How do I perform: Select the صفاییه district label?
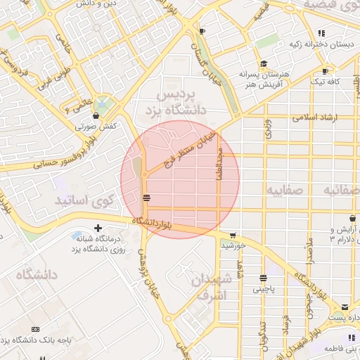284,190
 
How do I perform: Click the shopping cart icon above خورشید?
233,236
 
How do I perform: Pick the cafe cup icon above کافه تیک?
326,71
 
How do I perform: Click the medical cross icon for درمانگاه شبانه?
98,228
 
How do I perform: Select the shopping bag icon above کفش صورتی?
95,115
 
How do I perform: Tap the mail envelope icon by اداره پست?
345,307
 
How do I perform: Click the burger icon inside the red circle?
146,198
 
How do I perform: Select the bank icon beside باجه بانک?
36,329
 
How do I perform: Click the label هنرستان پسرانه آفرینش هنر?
263,78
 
